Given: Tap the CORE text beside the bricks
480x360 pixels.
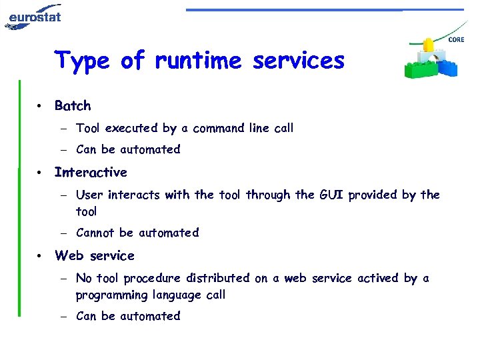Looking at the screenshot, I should [457, 40].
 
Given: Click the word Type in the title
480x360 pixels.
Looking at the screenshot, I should [82, 61].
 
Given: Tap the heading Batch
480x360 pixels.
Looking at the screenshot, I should [73, 105].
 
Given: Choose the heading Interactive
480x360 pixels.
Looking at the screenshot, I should [91, 172].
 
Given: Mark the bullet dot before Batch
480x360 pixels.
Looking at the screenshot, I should [41, 106].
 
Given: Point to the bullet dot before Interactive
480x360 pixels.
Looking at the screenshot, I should [41, 173].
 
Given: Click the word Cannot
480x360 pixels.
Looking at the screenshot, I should [95, 233].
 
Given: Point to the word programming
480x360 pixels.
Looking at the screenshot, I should [111, 295].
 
